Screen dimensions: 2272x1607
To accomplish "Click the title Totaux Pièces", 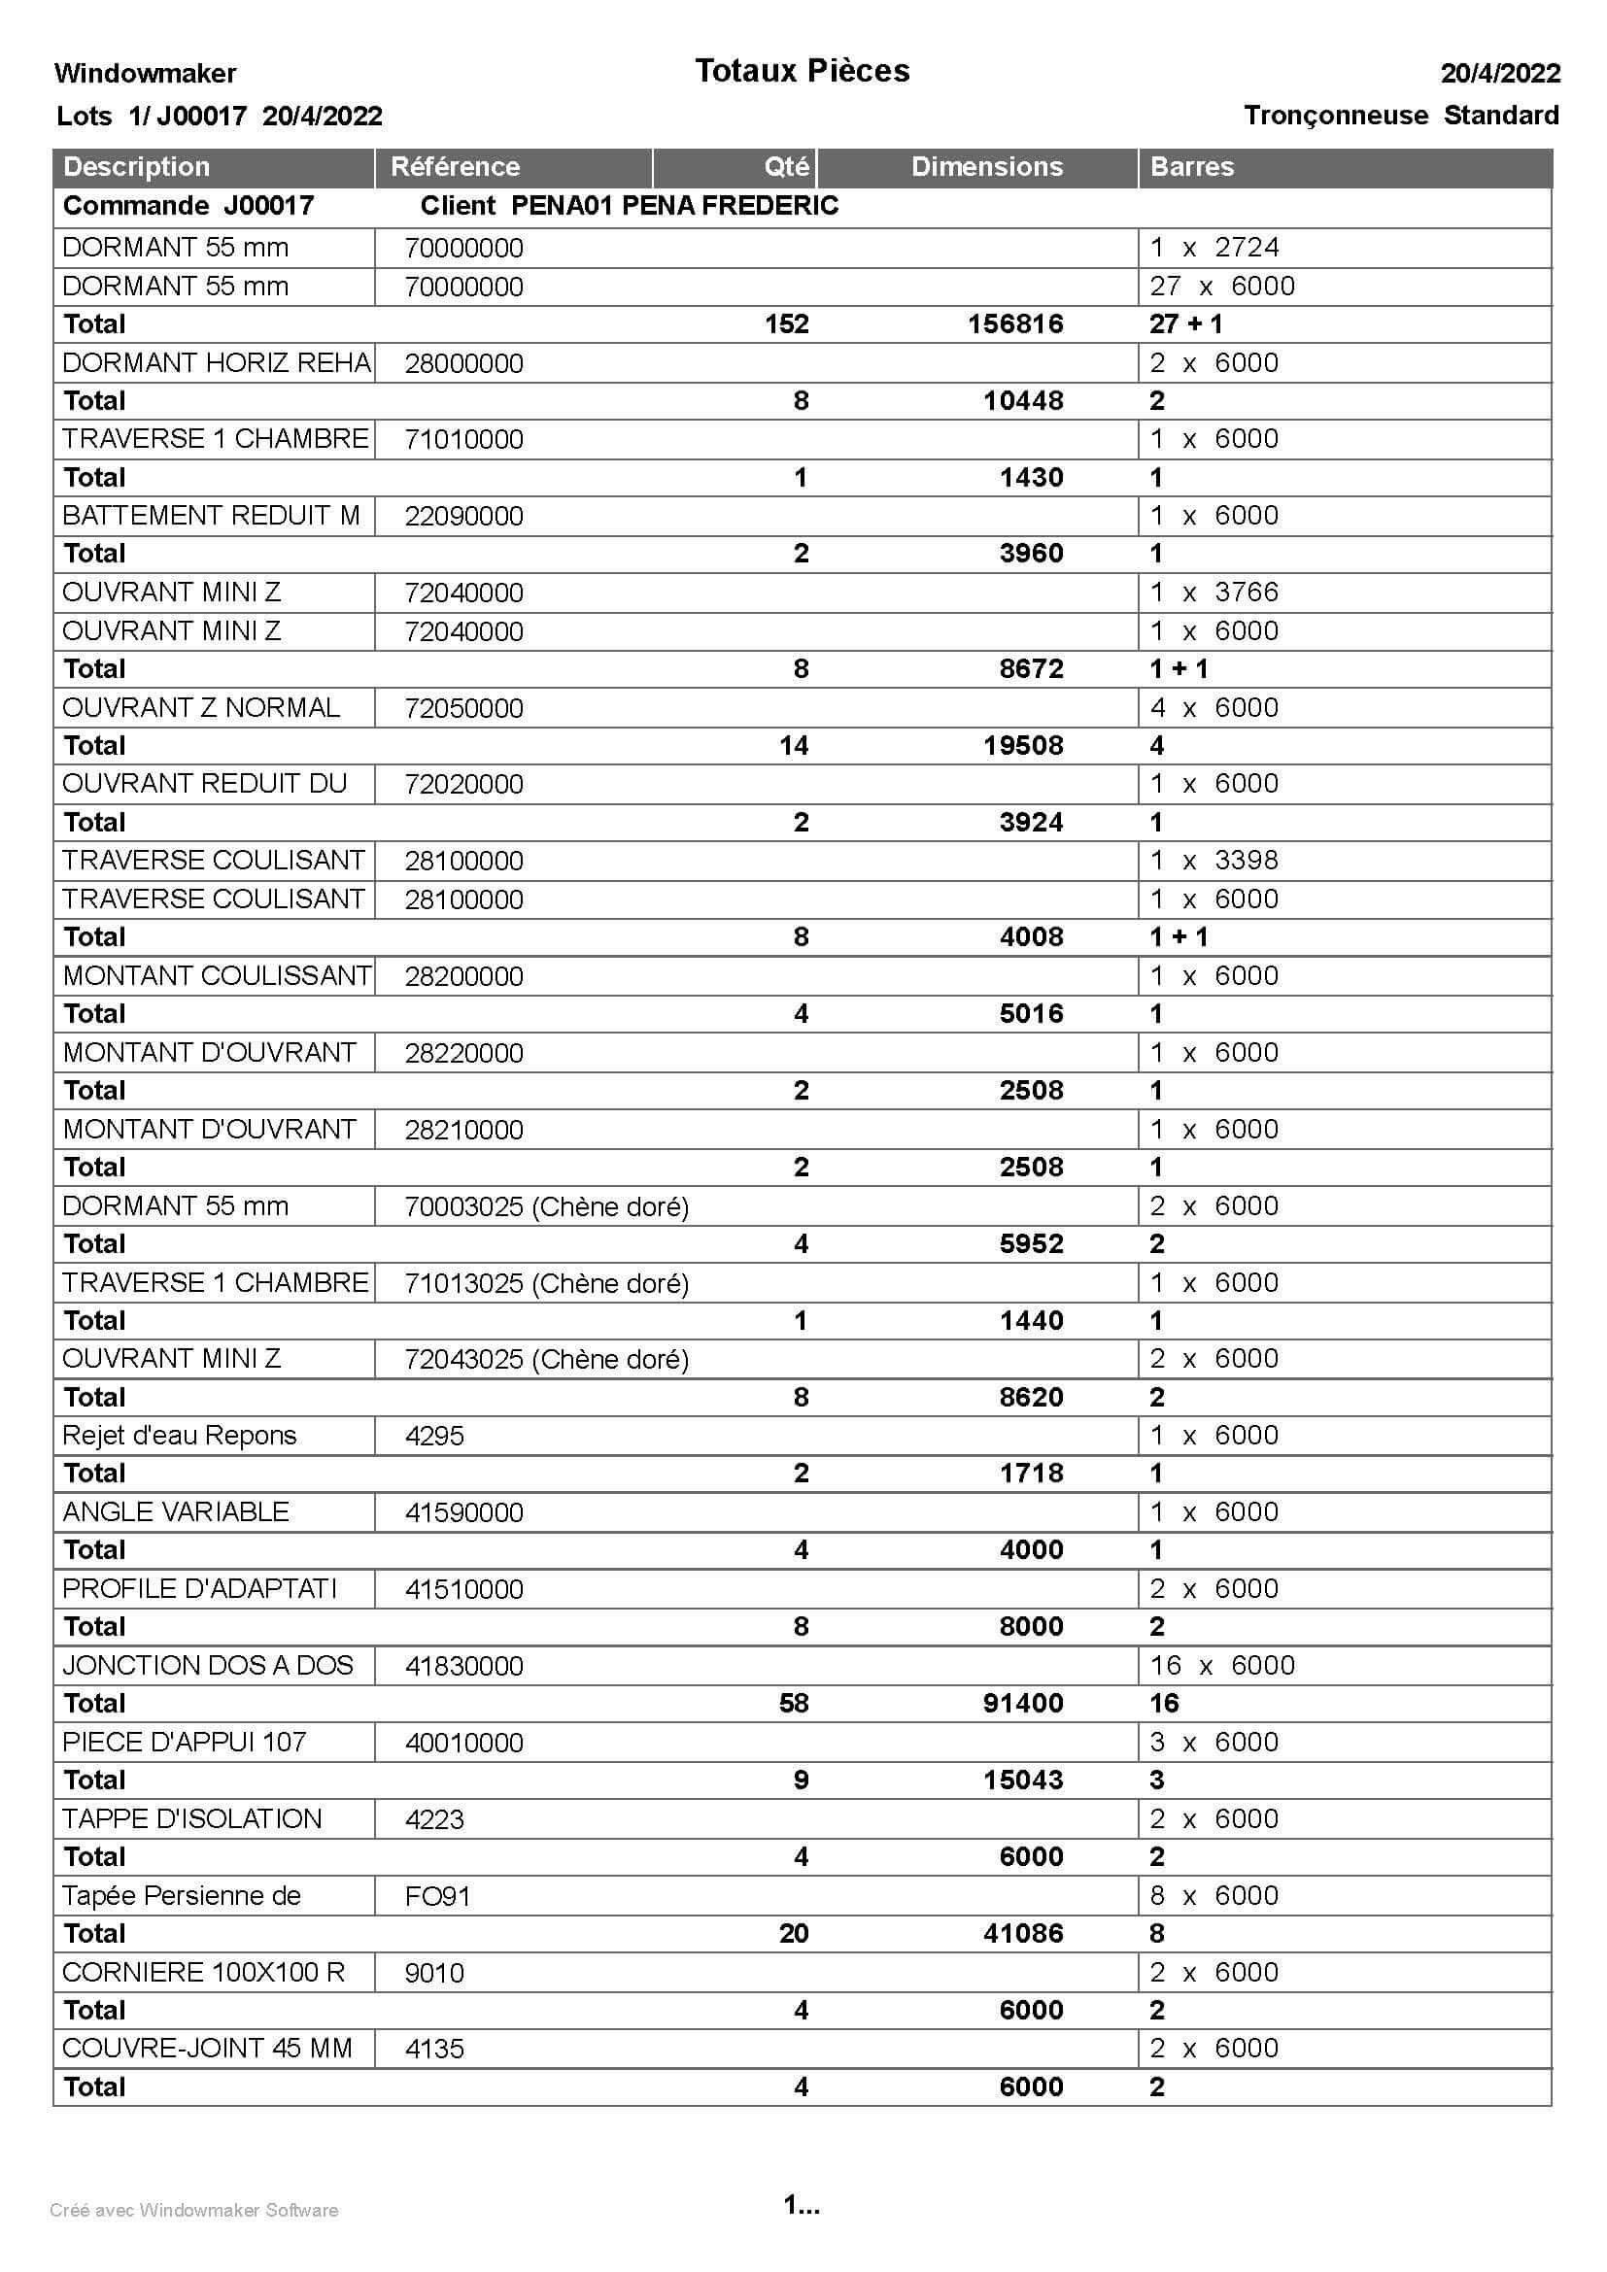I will [x=802, y=71].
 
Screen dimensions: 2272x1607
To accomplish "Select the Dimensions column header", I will [x=986, y=166].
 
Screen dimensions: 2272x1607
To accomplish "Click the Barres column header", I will [x=1191, y=166].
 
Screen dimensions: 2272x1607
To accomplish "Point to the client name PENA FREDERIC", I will [x=730, y=206].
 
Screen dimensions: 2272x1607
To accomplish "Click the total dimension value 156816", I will [x=1015, y=324].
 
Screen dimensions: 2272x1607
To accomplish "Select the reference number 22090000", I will [x=463, y=516].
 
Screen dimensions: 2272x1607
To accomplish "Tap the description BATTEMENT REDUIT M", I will [x=211, y=516].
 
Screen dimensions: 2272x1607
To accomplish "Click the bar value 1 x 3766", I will [x=1214, y=592].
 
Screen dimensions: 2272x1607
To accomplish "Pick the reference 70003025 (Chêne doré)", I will [x=546, y=1206].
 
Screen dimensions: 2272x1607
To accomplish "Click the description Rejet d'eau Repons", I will [x=179, y=1435].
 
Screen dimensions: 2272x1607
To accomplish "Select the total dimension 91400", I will [x=1023, y=1703].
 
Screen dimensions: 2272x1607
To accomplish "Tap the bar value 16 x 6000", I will [x=1221, y=1666].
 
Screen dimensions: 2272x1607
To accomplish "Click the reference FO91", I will [x=436, y=1896].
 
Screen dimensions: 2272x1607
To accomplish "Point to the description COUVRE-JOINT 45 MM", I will [x=207, y=2049].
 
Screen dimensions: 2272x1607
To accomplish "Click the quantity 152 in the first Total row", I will [x=787, y=324].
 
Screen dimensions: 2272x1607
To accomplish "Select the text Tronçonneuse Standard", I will [x=1400, y=116].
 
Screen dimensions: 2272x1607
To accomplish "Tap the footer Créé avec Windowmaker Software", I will [x=194, y=2211].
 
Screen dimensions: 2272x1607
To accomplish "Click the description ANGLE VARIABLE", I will [x=175, y=1512].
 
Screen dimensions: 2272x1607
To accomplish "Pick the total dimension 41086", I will [x=1023, y=1934].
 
